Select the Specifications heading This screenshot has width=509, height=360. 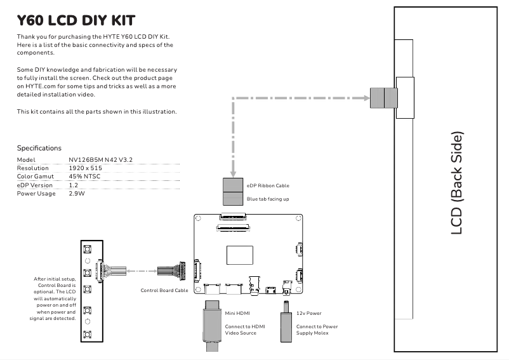click(x=39, y=148)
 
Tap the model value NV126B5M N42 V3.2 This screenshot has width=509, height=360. click(x=100, y=159)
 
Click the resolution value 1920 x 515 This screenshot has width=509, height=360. click(x=85, y=168)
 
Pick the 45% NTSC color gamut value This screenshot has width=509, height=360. click(x=84, y=176)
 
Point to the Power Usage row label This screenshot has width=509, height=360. click(x=36, y=193)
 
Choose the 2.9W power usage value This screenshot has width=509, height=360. click(x=77, y=193)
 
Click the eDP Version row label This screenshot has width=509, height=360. click(x=35, y=185)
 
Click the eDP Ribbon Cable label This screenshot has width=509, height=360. click(x=268, y=186)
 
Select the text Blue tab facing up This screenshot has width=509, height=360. click(x=268, y=199)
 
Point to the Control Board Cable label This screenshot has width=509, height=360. click(x=164, y=290)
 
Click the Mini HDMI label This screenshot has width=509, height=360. click(x=238, y=314)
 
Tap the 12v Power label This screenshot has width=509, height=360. click(x=309, y=314)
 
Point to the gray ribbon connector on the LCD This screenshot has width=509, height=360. click(x=383, y=98)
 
